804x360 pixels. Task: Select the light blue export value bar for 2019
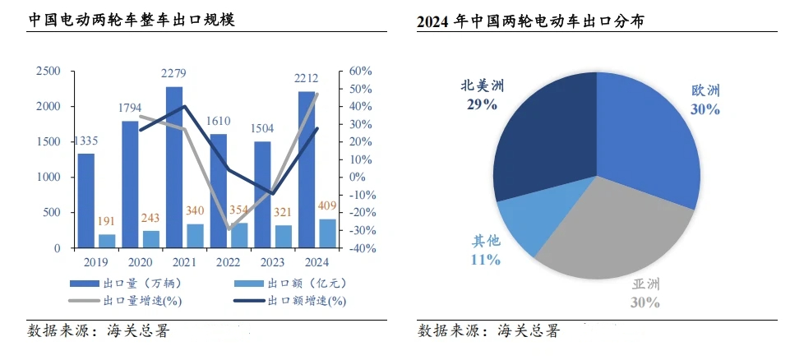[107, 240]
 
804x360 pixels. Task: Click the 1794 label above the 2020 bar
[130, 107]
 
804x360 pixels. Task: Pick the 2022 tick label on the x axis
[217, 262]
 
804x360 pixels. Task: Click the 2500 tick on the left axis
[48, 72]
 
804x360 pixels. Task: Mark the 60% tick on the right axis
[361, 72]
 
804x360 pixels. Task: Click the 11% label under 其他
[485, 260]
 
